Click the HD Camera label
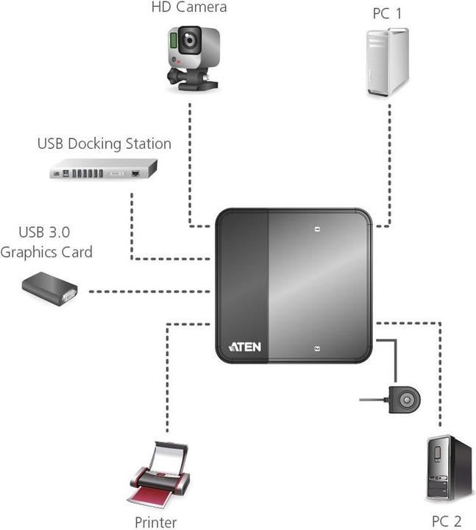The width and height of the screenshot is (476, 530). (188, 8)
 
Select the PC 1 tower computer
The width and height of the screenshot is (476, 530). (387, 63)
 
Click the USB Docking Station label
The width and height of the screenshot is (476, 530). (104, 144)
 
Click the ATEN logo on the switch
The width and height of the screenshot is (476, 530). (244, 346)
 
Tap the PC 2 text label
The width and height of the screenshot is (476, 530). (447, 521)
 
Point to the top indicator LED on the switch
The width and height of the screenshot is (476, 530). (316, 229)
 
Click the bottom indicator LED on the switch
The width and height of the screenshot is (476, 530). (316, 348)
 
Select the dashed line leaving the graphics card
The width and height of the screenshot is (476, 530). (147, 292)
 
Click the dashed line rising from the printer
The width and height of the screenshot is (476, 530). (168, 383)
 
